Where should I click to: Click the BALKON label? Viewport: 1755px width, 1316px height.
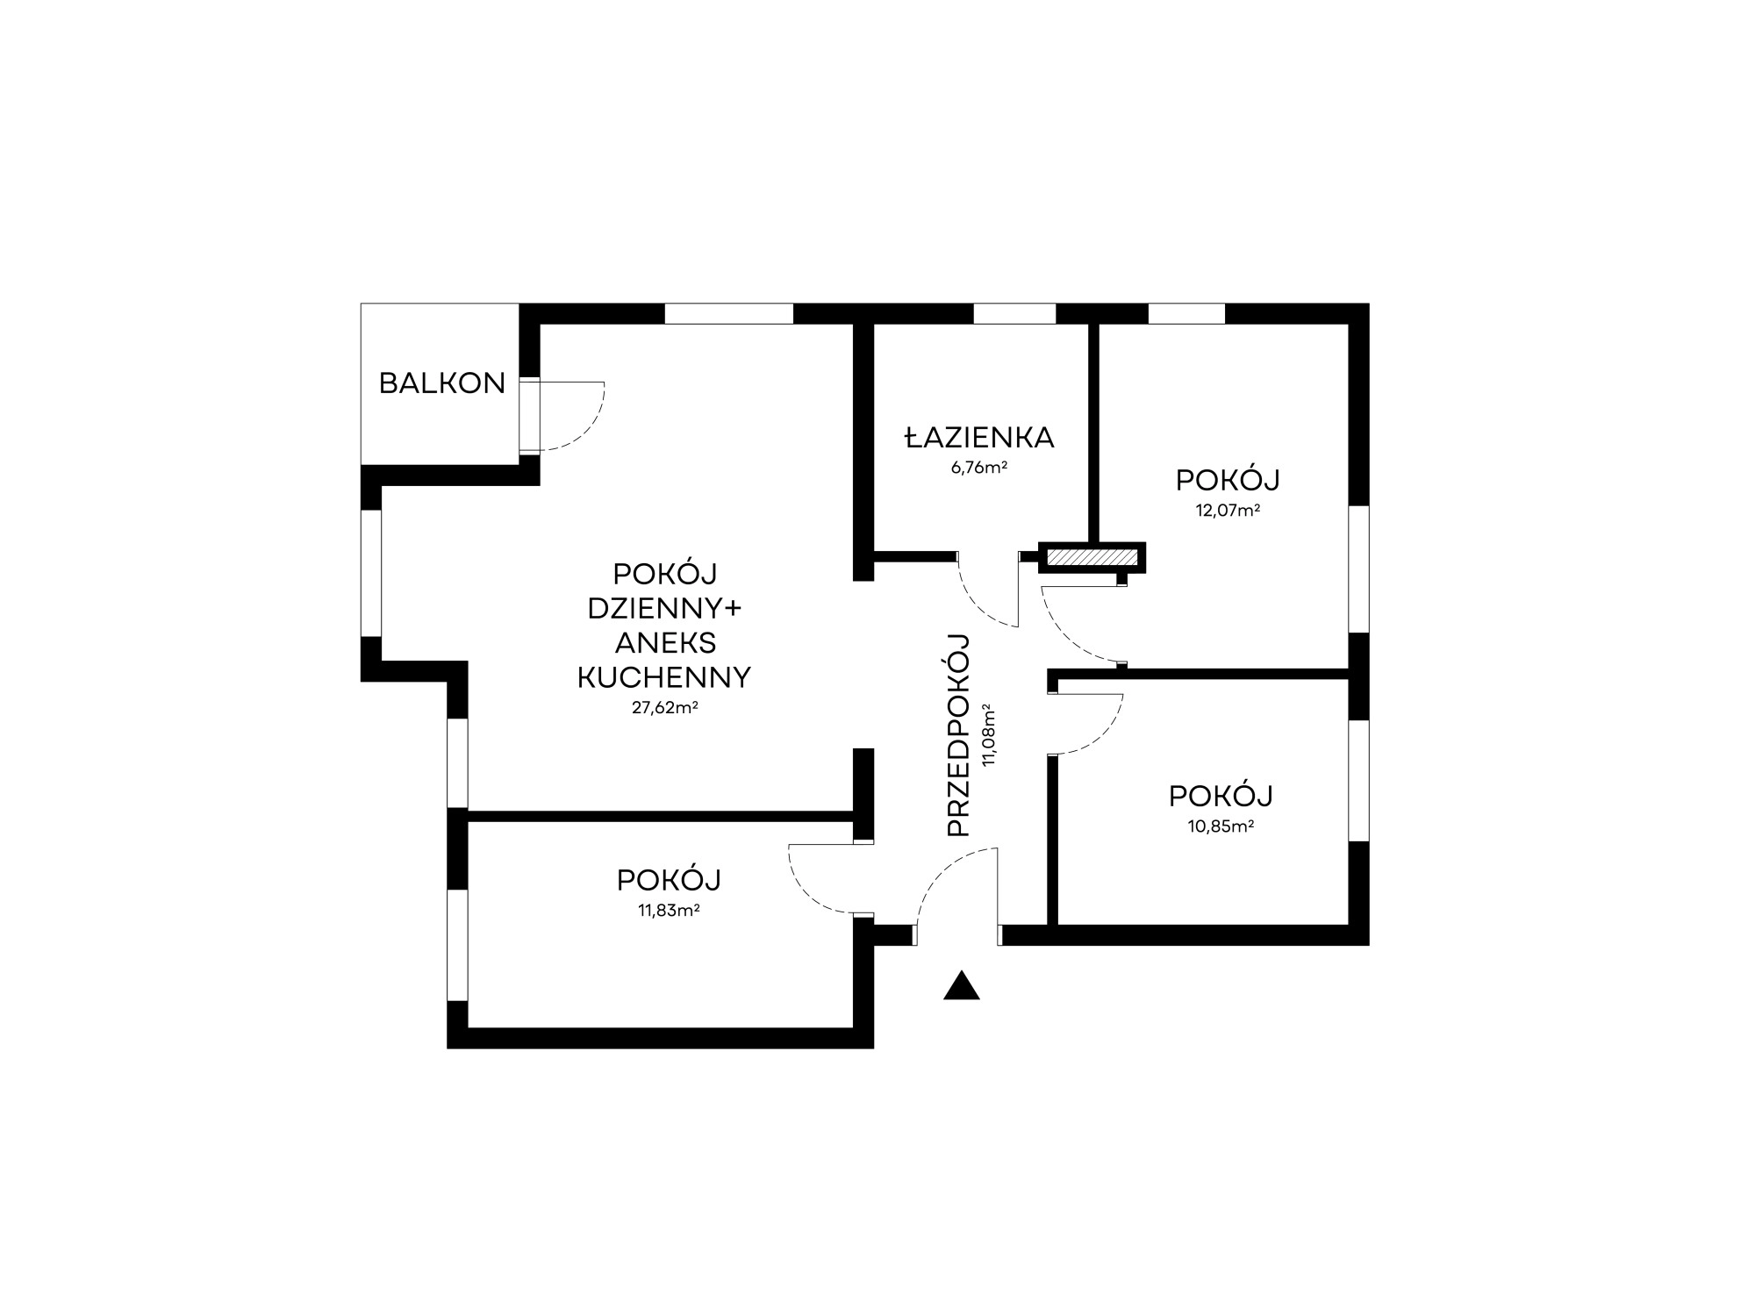tap(442, 383)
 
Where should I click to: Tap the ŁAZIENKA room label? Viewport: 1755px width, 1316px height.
tap(979, 437)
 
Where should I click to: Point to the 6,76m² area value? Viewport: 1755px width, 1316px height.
tap(978, 468)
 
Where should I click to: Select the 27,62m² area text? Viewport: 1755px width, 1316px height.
tap(665, 707)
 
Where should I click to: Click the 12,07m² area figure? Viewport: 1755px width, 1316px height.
tap(1228, 510)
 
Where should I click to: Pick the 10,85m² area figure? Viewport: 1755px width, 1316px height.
tap(1221, 826)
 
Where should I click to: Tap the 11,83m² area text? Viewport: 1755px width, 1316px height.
tap(669, 910)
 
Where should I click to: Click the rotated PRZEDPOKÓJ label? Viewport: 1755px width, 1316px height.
tap(959, 734)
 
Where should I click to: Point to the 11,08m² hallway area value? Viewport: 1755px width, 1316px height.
tap(990, 735)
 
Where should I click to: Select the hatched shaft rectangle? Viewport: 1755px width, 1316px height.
tap(1092, 558)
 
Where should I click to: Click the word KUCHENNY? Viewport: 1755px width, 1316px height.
tap(664, 678)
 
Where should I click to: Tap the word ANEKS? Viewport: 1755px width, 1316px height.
tap(665, 643)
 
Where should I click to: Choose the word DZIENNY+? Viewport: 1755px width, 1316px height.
tap(665, 608)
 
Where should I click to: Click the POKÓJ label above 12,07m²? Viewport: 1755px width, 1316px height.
tap(1228, 480)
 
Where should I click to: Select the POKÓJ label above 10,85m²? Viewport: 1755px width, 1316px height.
tap(1221, 796)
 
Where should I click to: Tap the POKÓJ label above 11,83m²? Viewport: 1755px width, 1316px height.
tap(669, 879)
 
